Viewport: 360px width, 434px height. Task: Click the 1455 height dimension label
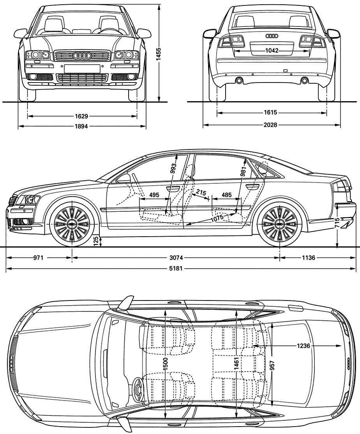point(158,53)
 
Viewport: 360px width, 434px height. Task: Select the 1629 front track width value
point(81,116)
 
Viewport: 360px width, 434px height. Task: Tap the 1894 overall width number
point(81,127)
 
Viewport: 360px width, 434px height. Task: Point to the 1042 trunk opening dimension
point(272,51)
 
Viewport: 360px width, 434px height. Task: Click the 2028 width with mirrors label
point(270,125)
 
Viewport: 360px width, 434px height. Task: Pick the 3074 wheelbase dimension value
point(176,258)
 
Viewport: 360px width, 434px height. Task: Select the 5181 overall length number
point(176,269)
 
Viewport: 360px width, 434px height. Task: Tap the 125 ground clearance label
point(96,241)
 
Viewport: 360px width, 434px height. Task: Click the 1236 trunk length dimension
point(303,346)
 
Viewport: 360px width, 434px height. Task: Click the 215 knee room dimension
point(201,192)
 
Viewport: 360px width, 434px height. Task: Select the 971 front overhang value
point(38,258)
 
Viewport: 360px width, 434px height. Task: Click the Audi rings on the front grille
point(82,56)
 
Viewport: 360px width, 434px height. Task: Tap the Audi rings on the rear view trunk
point(272,36)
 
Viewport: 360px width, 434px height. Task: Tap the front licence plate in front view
point(82,69)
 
